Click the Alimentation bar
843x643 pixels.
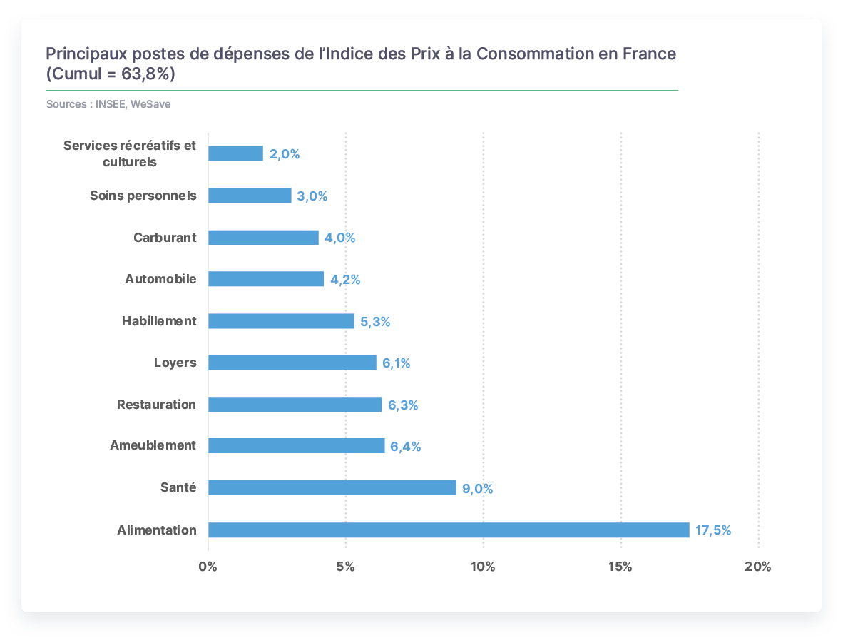449,530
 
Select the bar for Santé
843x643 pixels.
332,488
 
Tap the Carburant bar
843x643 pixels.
263,238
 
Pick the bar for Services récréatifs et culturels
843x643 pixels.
236,153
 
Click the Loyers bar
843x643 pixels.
292,362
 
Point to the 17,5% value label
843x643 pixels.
713,530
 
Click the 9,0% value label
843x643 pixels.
477,489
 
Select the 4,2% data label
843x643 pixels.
345,279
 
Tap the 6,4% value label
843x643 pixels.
405,447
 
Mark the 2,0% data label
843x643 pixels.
285,154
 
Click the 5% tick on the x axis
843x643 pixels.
346,567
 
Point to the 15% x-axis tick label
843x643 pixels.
620,567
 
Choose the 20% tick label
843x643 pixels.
758,567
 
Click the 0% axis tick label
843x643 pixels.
208,567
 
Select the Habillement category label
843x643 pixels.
159,321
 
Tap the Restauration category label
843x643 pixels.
156,405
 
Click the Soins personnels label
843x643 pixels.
143,196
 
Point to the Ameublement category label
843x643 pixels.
153,445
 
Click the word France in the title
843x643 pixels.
650,54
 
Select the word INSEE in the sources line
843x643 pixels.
111,104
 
